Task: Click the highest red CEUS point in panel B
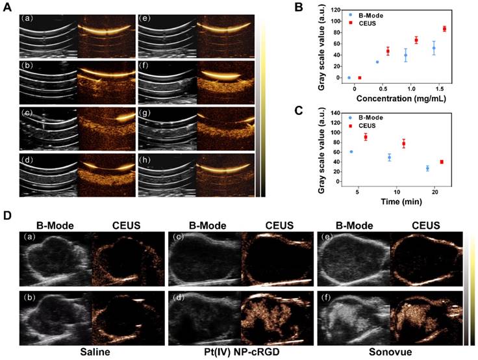[x=445, y=29]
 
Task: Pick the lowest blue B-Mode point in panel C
[x=427, y=168]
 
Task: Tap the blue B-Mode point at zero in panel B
[x=349, y=77]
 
